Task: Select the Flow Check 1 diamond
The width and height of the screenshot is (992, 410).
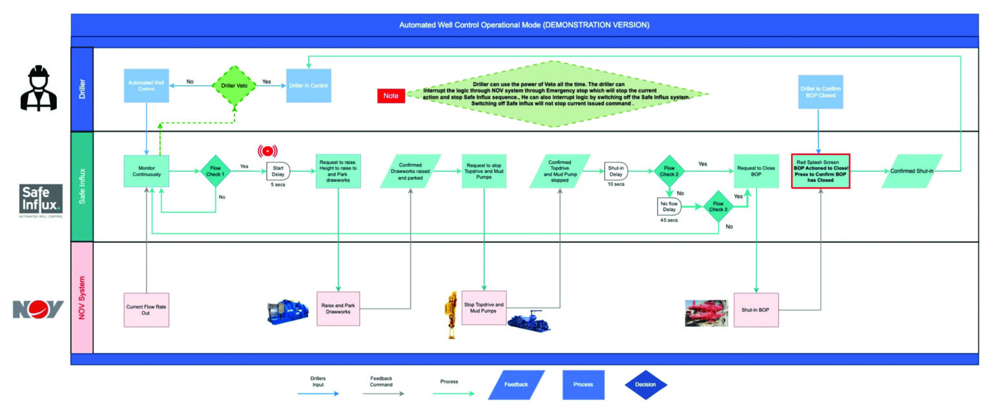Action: (215, 171)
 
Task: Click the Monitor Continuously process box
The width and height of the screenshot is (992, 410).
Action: (147, 171)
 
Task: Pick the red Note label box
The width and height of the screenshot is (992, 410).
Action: (391, 96)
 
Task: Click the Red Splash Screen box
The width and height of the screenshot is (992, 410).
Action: (821, 171)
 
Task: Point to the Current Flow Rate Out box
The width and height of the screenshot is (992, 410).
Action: (147, 310)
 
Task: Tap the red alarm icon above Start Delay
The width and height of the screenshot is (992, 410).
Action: (267, 151)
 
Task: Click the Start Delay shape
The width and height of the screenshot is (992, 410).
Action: (278, 171)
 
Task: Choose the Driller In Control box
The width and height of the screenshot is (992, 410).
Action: (309, 86)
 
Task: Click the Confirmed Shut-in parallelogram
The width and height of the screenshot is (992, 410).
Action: (911, 171)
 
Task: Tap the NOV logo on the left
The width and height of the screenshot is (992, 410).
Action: (39, 309)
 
